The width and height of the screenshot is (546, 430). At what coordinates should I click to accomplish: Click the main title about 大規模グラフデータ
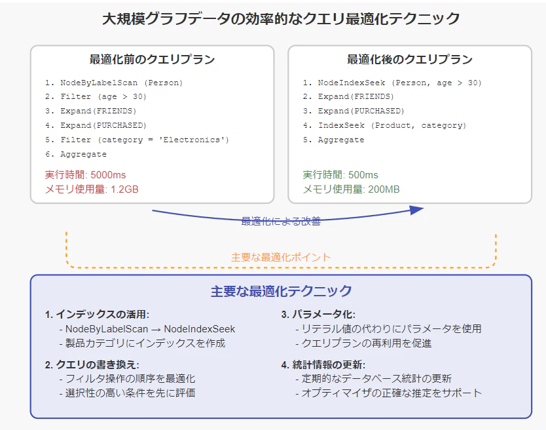tap(281, 19)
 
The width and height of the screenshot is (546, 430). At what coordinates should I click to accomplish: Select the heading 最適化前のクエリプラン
tap(152, 59)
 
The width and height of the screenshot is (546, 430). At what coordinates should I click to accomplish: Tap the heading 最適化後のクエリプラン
tap(410, 59)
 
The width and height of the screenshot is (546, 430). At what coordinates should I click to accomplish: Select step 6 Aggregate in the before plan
tap(76, 154)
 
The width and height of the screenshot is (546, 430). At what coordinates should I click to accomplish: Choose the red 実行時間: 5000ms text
tap(85, 175)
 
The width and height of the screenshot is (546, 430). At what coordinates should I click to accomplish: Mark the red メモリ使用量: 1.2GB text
tap(92, 189)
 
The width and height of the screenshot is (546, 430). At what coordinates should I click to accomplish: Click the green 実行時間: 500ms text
tap(340, 175)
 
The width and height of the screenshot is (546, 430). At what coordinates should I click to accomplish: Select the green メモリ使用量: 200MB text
tap(351, 189)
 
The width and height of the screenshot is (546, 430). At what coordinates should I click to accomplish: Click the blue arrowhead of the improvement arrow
tap(417, 210)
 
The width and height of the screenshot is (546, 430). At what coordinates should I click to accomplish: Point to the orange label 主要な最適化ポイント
tap(281, 258)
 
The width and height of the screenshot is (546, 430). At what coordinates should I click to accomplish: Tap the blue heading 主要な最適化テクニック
tap(281, 291)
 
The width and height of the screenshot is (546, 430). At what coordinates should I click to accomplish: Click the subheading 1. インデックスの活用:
tap(97, 314)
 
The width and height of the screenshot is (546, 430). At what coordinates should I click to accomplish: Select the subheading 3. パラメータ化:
tap(318, 314)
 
